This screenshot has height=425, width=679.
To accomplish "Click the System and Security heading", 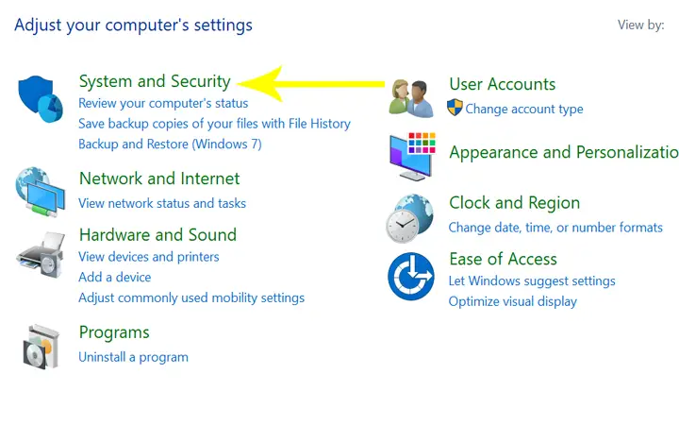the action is click(155, 81).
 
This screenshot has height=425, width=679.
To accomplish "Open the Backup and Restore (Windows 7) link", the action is click(170, 144).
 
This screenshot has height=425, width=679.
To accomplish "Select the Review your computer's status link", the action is click(163, 103).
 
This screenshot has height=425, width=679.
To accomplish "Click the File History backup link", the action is click(214, 124).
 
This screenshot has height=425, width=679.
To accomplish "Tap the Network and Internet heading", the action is click(159, 178).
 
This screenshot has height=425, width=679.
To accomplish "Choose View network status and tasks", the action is click(162, 203).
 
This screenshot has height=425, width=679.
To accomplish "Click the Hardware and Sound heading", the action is click(157, 235).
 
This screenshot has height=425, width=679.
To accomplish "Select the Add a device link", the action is click(115, 277).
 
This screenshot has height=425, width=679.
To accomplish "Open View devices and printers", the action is click(149, 257).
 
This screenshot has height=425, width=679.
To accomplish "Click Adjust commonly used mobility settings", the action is click(191, 297).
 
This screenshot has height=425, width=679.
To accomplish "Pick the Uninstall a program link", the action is click(133, 357).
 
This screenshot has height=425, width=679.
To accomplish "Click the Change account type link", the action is click(524, 109).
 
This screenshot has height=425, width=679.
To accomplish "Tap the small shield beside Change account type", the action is click(455, 107).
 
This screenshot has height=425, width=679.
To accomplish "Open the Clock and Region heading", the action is click(515, 203).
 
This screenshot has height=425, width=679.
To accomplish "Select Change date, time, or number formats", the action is click(555, 228).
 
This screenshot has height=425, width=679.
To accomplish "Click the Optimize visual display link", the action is click(513, 301).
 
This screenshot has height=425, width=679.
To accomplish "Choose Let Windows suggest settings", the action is click(532, 281).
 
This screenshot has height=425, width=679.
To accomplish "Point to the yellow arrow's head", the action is click(239, 84).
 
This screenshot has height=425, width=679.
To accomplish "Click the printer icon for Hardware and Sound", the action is click(41, 255).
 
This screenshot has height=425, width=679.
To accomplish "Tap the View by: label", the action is click(641, 25).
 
